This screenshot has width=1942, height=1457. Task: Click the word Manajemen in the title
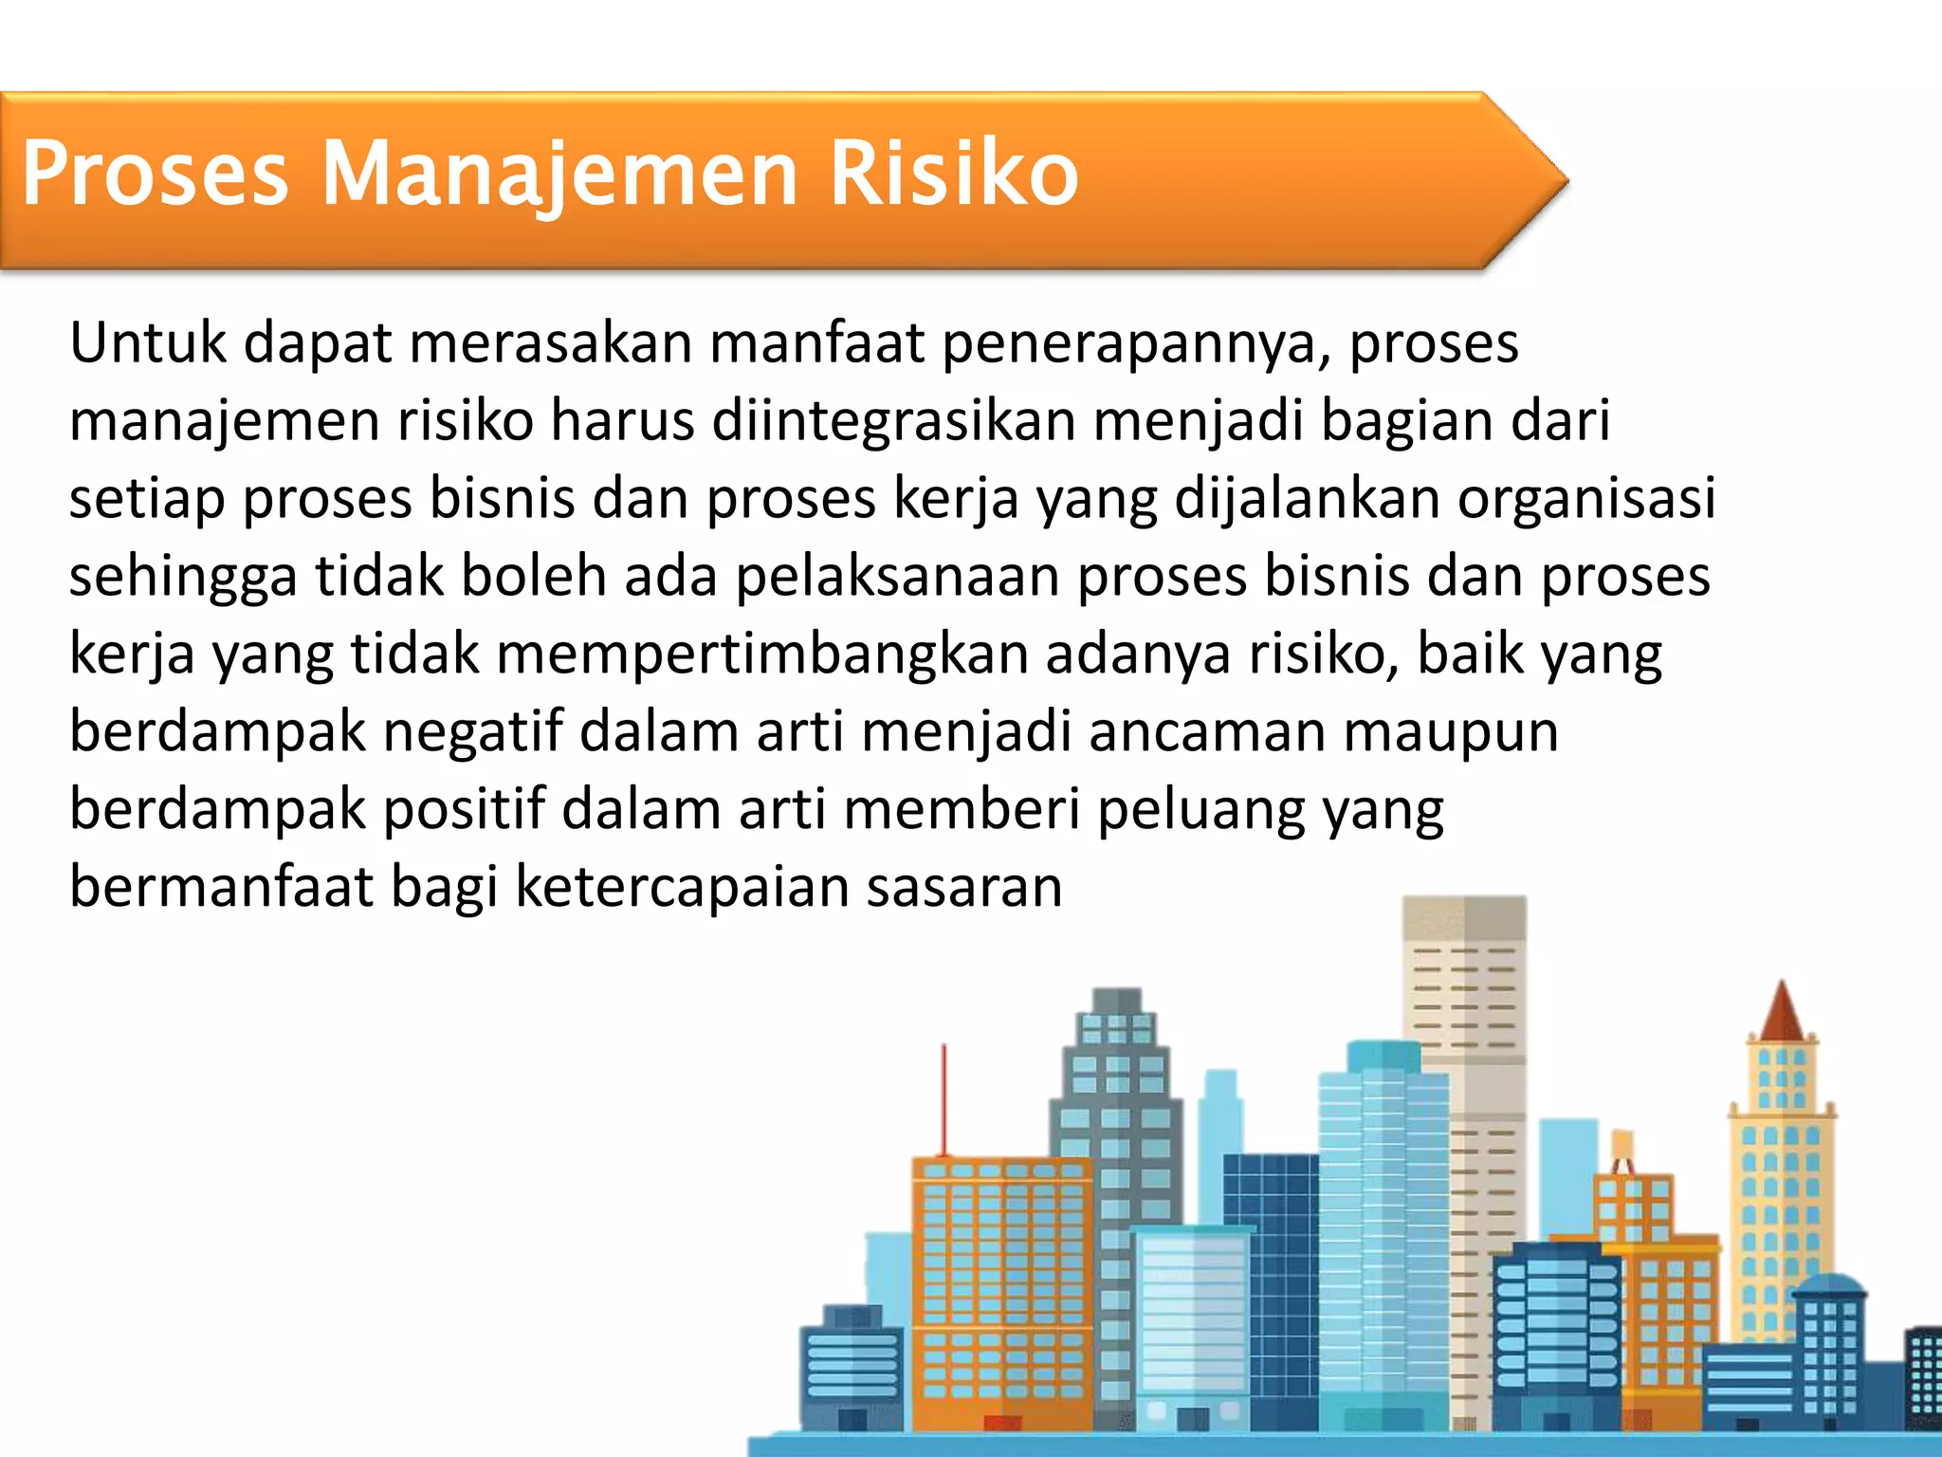[x=559, y=174]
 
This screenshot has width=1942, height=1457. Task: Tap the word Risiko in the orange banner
[x=954, y=174]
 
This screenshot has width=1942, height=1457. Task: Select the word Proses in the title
[x=155, y=174]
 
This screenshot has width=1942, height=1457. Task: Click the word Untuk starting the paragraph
[x=147, y=342]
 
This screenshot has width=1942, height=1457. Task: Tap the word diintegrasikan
[x=893, y=420]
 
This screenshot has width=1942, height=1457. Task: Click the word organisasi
[x=1586, y=498]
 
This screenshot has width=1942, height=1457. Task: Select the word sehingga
[x=183, y=578]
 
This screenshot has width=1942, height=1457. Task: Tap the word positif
[x=464, y=810]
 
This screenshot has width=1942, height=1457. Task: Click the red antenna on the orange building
[x=944, y=1100]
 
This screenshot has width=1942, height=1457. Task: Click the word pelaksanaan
[x=897, y=576]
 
